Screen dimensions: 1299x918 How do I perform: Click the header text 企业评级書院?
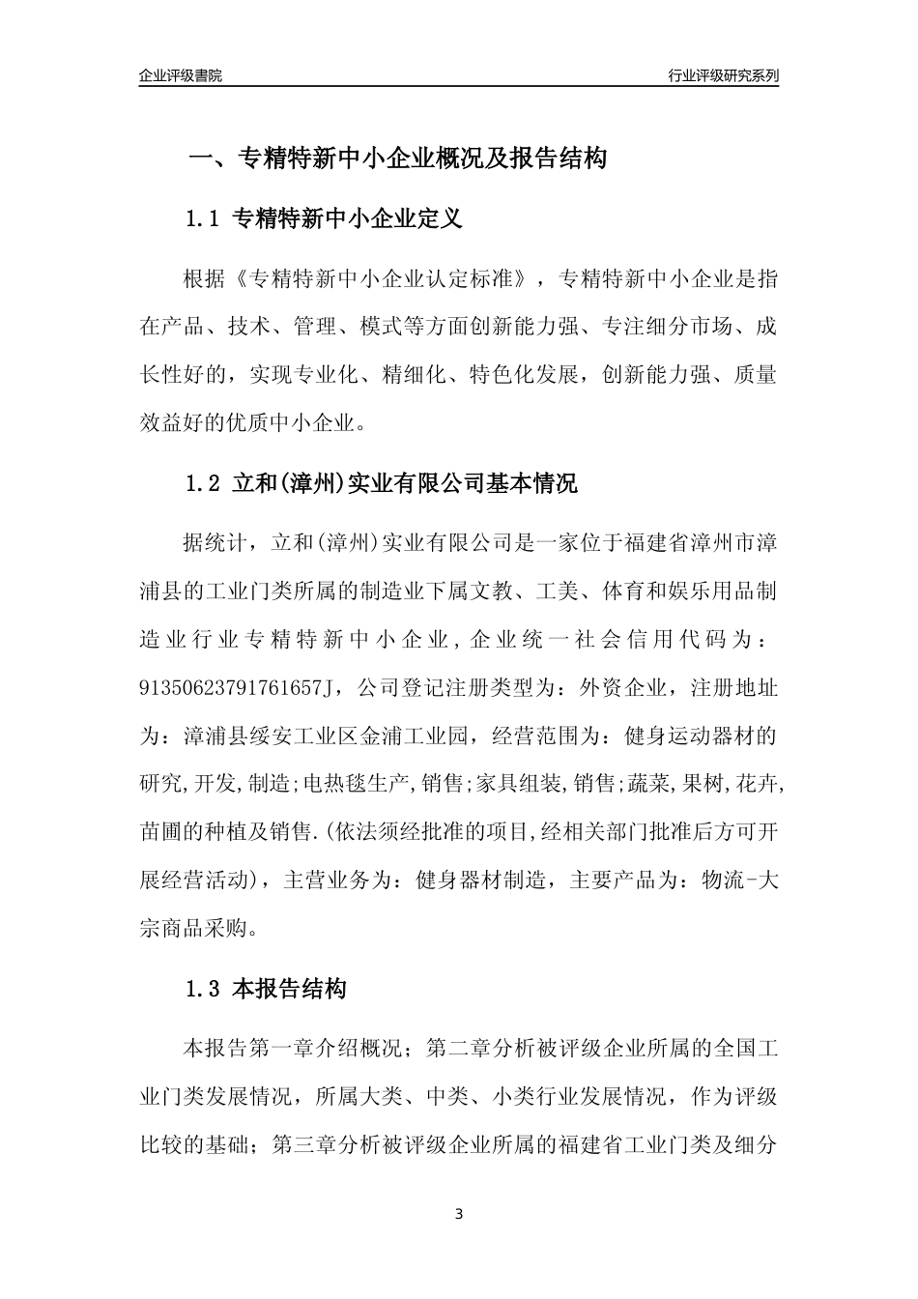tap(181, 75)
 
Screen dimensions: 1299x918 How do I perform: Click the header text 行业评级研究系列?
tap(723, 75)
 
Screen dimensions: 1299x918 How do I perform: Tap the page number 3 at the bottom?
tap(459, 1214)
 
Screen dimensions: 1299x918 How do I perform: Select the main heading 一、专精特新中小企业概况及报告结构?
tap(396, 159)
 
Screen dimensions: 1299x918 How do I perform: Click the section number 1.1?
tap(204, 219)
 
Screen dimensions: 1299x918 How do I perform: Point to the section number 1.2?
tap(204, 483)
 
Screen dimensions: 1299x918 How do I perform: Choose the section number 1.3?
tap(204, 989)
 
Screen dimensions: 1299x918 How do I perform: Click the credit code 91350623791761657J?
tap(241, 688)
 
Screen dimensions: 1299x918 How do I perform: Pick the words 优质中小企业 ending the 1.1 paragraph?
tap(295, 422)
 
